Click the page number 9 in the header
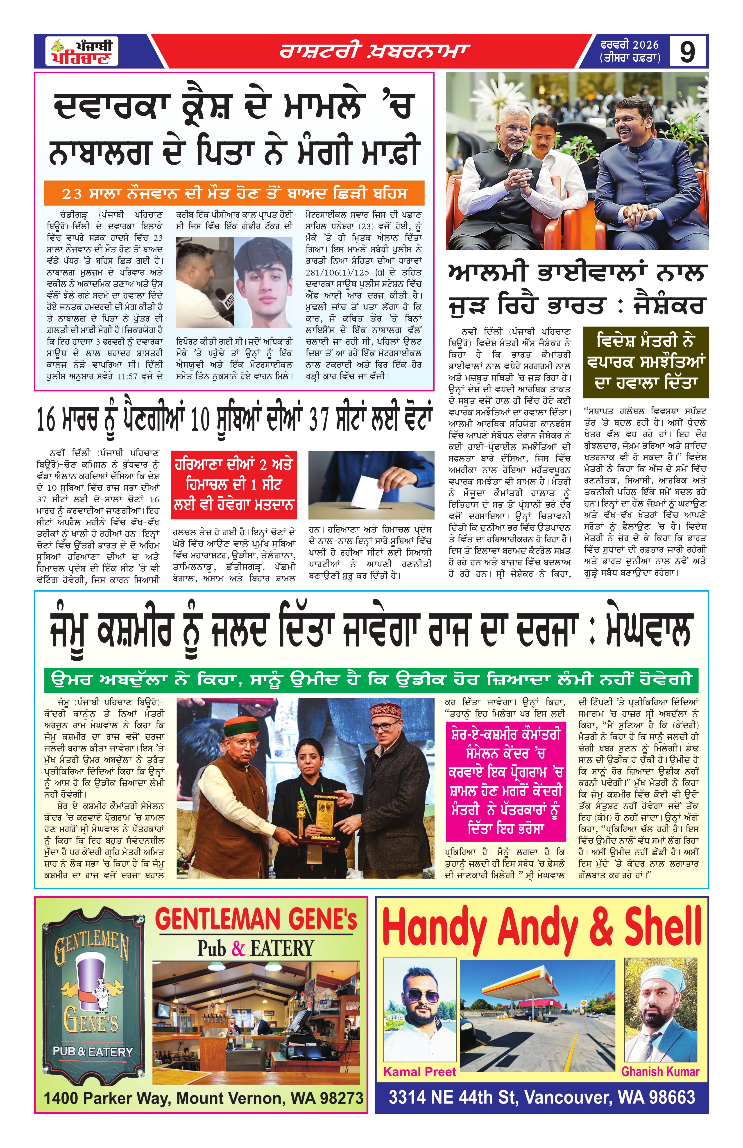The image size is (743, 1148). pyautogui.click(x=687, y=51)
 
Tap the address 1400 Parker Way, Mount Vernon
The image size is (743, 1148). pyautogui.click(x=203, y=1098)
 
